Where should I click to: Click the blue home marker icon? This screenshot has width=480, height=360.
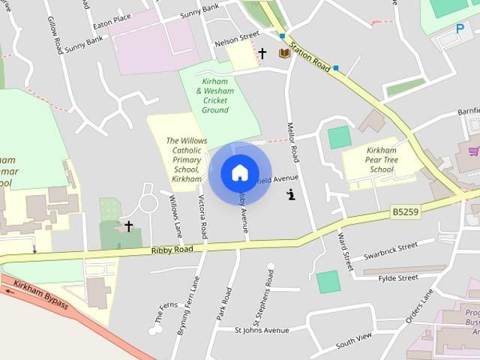tap(240, 173)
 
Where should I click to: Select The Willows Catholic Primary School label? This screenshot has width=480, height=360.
tap(187, 160)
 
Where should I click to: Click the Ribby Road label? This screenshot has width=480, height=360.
tap(167, 250)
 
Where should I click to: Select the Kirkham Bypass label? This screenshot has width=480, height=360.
tap(42, 295)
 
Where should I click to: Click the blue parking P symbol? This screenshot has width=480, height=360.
tap(460, 28)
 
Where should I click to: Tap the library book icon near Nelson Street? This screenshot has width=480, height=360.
tap(284, 53)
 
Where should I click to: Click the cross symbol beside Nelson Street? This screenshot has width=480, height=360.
tap(262, 53)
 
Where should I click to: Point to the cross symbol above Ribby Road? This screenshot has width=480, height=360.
tap(128, 226)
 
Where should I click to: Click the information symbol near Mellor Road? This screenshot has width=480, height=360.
tap(291, 195)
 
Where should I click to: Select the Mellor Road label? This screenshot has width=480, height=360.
tap(293, 142)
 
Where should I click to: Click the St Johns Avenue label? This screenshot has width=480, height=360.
tap(262, 330)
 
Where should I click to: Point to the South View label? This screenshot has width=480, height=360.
tap(354, 340)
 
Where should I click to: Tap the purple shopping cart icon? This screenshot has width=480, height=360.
tap(474, 151)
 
